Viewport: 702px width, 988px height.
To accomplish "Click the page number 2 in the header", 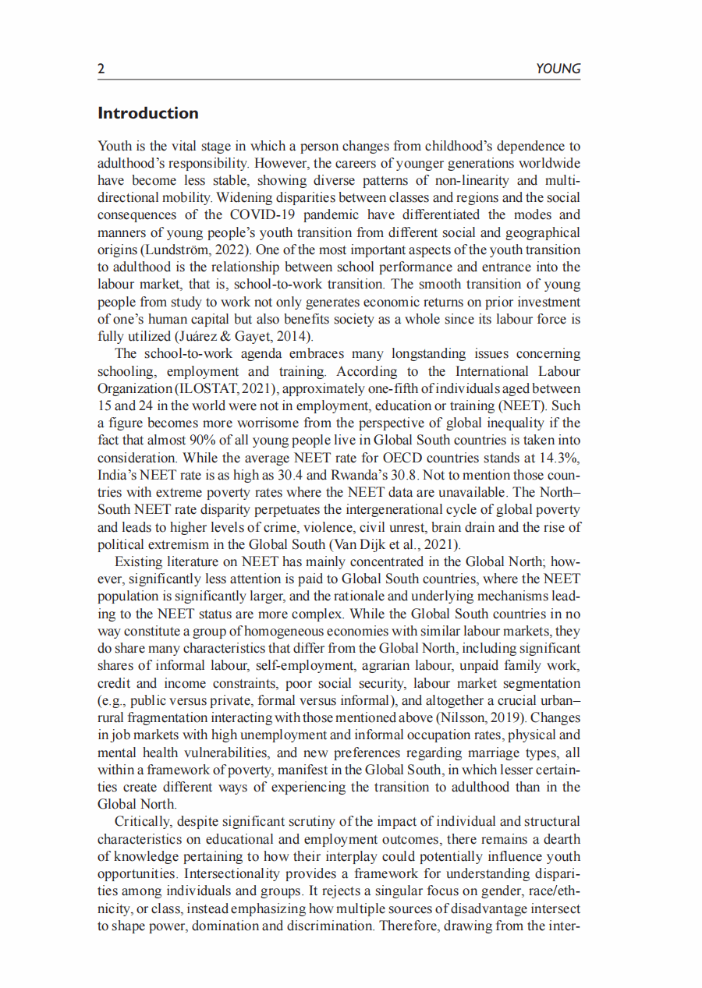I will [x=101, y=69].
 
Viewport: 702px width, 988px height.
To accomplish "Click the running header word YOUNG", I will [x=558, y=69].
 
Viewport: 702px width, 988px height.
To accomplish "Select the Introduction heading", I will [x=148, y=113].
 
